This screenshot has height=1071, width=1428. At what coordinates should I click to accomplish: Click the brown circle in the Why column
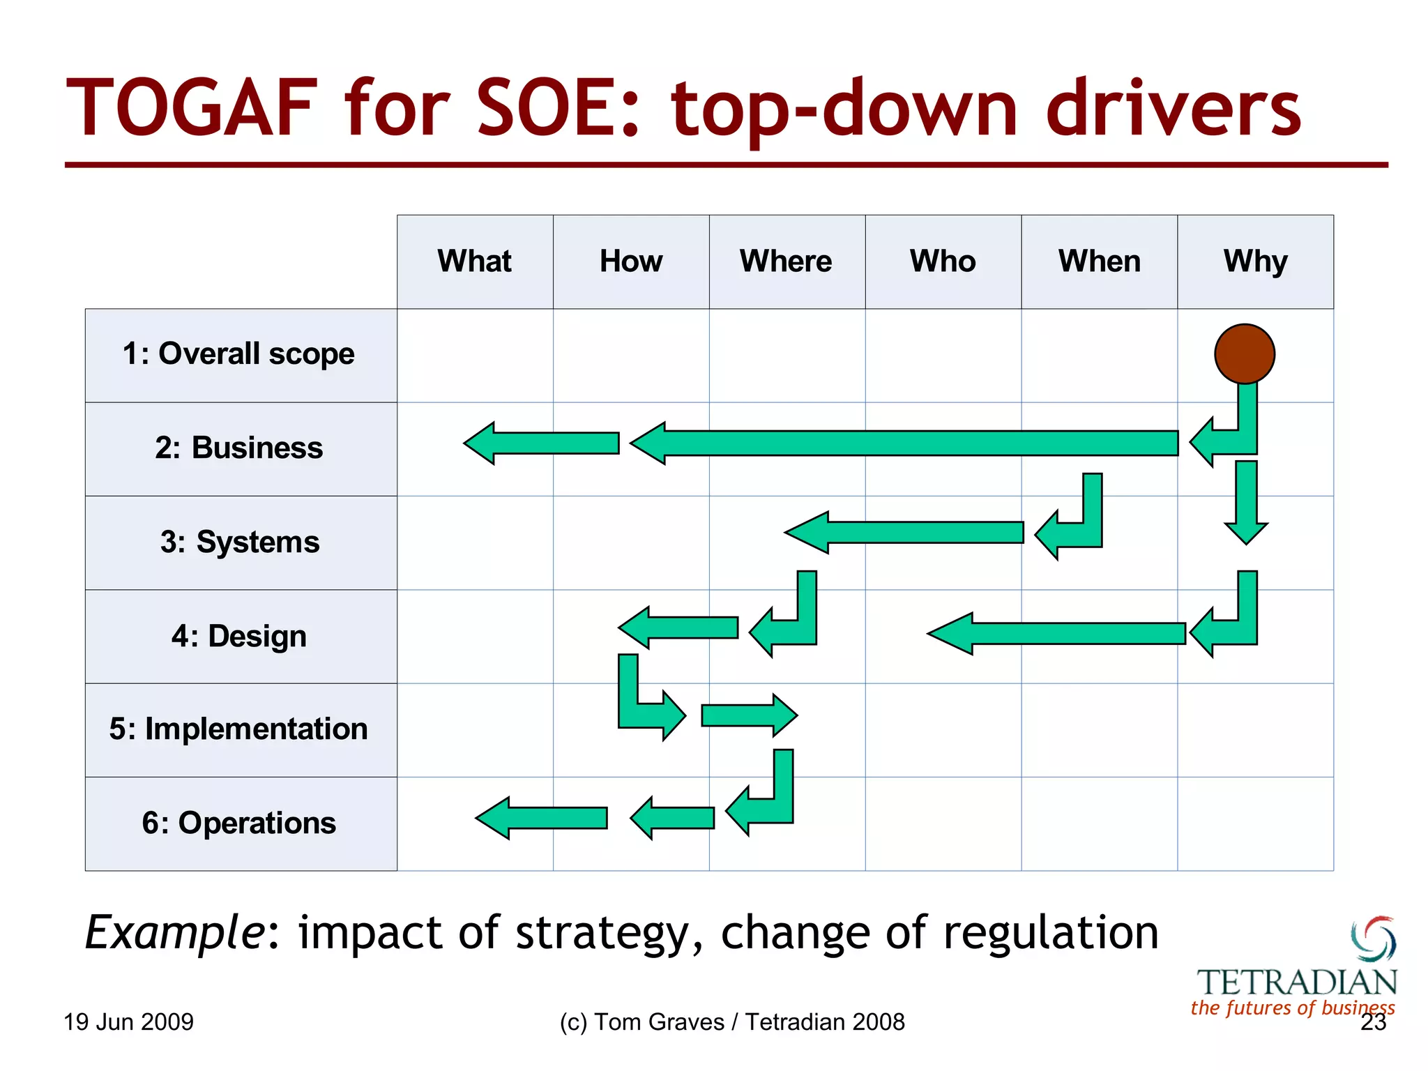coord(1245,354)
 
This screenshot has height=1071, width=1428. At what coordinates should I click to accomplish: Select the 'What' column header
coord(474,261)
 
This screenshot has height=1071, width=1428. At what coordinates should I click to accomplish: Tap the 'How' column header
coord(631,261)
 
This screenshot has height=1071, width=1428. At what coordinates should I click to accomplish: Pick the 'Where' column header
coord(786,261)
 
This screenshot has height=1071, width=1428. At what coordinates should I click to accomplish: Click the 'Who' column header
coord(943,261)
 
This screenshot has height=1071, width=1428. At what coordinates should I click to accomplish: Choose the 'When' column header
coord(1100,261)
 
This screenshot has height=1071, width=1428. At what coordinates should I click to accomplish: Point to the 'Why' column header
coord(1255,261)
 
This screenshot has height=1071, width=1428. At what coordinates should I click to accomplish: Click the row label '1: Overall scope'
coord(239,354)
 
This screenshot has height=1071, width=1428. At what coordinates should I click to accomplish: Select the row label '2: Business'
coord(239,448)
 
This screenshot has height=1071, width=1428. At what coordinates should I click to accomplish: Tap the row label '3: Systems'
coord(240,542)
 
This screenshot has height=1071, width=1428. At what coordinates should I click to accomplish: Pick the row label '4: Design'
coord(239,636)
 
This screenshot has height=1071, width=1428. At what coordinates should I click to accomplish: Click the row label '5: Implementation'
coord(238,729)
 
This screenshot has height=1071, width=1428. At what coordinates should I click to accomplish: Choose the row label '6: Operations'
coord(239,823)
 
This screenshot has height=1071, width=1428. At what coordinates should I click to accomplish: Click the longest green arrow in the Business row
coord(906,443)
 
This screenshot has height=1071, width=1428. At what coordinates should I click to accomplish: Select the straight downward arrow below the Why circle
coord(1246,502)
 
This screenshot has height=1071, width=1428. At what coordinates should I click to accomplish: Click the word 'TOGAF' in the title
coord(192,109)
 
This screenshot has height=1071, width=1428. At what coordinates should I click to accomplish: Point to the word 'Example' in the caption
coord(174,933)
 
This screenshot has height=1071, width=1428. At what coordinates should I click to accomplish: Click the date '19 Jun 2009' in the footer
coord(128,1022)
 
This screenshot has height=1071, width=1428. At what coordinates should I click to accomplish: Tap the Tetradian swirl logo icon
coord(1374,939)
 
